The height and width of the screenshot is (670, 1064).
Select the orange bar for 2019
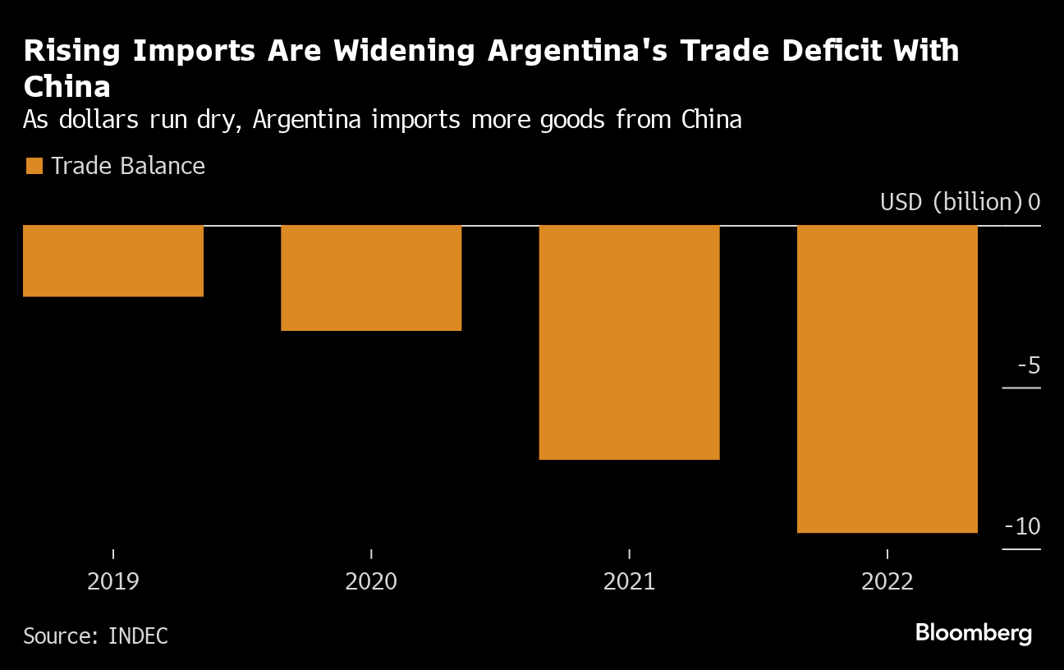(x=113, y=260)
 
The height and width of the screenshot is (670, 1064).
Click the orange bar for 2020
(x=371, y=278)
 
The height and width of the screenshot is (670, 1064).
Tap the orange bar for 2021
(x=629, y=342)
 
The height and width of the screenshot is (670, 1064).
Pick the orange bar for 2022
(x=887, y=379)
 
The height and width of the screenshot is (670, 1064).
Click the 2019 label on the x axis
(x=113, y=582)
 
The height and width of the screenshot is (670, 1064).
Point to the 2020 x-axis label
(x=371, y=582)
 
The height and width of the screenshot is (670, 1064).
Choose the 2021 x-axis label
(x=629, y=582)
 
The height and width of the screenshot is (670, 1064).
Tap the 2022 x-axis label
(x=887, y=582)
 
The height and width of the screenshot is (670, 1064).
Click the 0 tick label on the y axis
(x=1034, y=202)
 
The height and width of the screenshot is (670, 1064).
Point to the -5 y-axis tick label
(x=1028, y=365)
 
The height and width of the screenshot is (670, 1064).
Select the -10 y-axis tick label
(x=1023, y=526)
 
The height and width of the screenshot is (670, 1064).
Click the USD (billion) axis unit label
(x=951, y=202)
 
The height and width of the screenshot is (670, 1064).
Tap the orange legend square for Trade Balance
(x=34, y=167)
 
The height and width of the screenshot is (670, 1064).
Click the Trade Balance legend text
(x=128, y=167)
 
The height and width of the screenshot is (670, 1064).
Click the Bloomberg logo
(x=973, y=634)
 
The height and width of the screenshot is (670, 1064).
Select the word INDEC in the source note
(x=138, y=636)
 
